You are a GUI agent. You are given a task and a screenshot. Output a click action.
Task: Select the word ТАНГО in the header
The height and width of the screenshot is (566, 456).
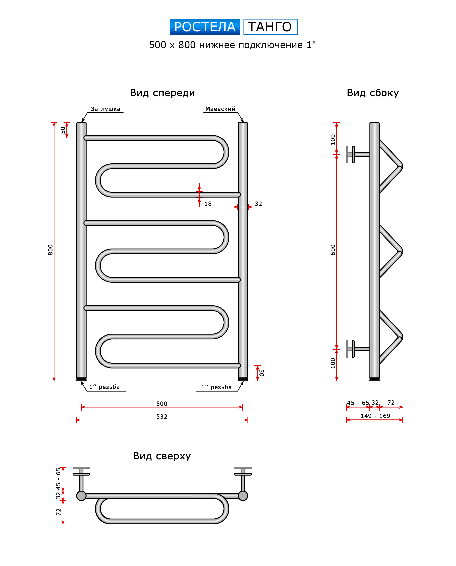(270, 27)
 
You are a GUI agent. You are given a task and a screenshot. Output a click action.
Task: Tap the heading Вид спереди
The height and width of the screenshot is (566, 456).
(162, 93)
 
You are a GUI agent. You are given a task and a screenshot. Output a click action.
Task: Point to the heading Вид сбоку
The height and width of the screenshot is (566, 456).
(373, 93)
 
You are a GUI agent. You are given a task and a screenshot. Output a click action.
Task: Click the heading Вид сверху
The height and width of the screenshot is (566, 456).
(162, 456)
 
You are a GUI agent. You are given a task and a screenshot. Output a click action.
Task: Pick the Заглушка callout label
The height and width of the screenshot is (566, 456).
(105, 109)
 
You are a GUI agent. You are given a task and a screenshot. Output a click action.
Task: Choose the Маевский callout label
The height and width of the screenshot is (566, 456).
(220, 109)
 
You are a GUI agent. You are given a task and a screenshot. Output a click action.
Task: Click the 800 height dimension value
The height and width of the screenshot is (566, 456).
(50, 250)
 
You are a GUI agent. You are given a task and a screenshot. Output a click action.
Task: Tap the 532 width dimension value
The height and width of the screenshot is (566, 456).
(162, 417)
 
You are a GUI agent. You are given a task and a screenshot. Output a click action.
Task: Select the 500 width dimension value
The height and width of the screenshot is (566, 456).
(162, 404)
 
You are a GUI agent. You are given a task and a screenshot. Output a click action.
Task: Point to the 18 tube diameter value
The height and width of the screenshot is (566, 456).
(208, 204)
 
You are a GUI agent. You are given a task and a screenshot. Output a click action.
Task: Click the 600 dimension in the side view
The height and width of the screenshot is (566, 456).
(333, 250)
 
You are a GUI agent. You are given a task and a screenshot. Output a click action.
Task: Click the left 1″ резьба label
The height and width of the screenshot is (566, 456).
(104, 387)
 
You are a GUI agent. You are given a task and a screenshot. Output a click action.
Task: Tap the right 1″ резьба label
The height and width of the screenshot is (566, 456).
(216, 387)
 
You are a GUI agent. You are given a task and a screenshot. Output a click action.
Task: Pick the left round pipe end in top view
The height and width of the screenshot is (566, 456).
(81, 496)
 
